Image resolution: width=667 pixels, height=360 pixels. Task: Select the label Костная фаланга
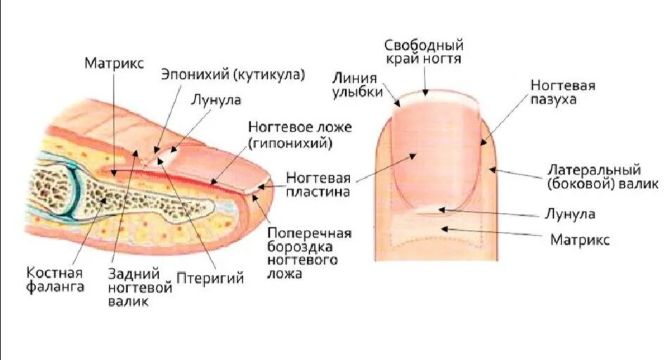click(56, 279)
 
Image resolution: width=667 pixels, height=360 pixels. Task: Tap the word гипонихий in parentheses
click(290, 144)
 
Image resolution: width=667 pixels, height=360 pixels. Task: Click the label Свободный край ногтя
click(424, 53)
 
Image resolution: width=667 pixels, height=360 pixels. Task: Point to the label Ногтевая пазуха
click(563, 92)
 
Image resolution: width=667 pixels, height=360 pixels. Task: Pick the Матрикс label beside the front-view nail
click(580, 240)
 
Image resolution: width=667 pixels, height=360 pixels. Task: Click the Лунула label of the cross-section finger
click(215, 100)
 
